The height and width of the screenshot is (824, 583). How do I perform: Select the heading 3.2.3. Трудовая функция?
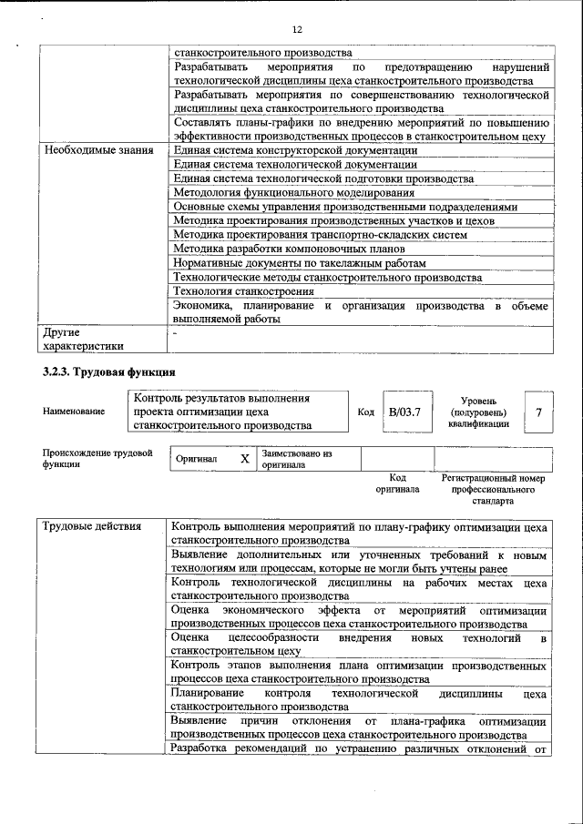(x=108, y=371)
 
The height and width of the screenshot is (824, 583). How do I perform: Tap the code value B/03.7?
(x=404, y=412)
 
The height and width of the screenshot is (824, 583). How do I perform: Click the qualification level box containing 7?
(x=538, y=412)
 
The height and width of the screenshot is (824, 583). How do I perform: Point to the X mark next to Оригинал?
(x=244, y=459)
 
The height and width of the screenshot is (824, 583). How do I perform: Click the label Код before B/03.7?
(x=365, y=412)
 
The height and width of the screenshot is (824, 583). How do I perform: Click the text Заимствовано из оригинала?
(x=297, y=458)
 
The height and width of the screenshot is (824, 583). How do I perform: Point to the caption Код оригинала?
(x=397, y=483)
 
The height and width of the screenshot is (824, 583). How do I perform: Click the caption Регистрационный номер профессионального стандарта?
(x=492, y=489)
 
